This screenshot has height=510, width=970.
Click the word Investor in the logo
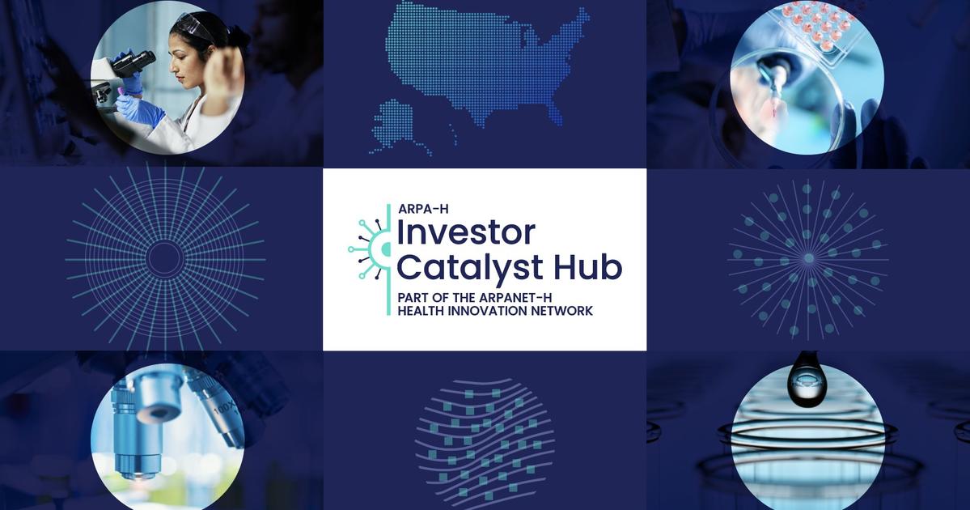[x=465, y=232]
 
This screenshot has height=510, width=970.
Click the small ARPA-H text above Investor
[x=424, y=210]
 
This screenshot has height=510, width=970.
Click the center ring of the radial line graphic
[x=165, y=258]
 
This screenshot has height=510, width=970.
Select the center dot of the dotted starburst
[x=808, y=258]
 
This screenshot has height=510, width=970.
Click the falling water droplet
[x=807, y=379]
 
